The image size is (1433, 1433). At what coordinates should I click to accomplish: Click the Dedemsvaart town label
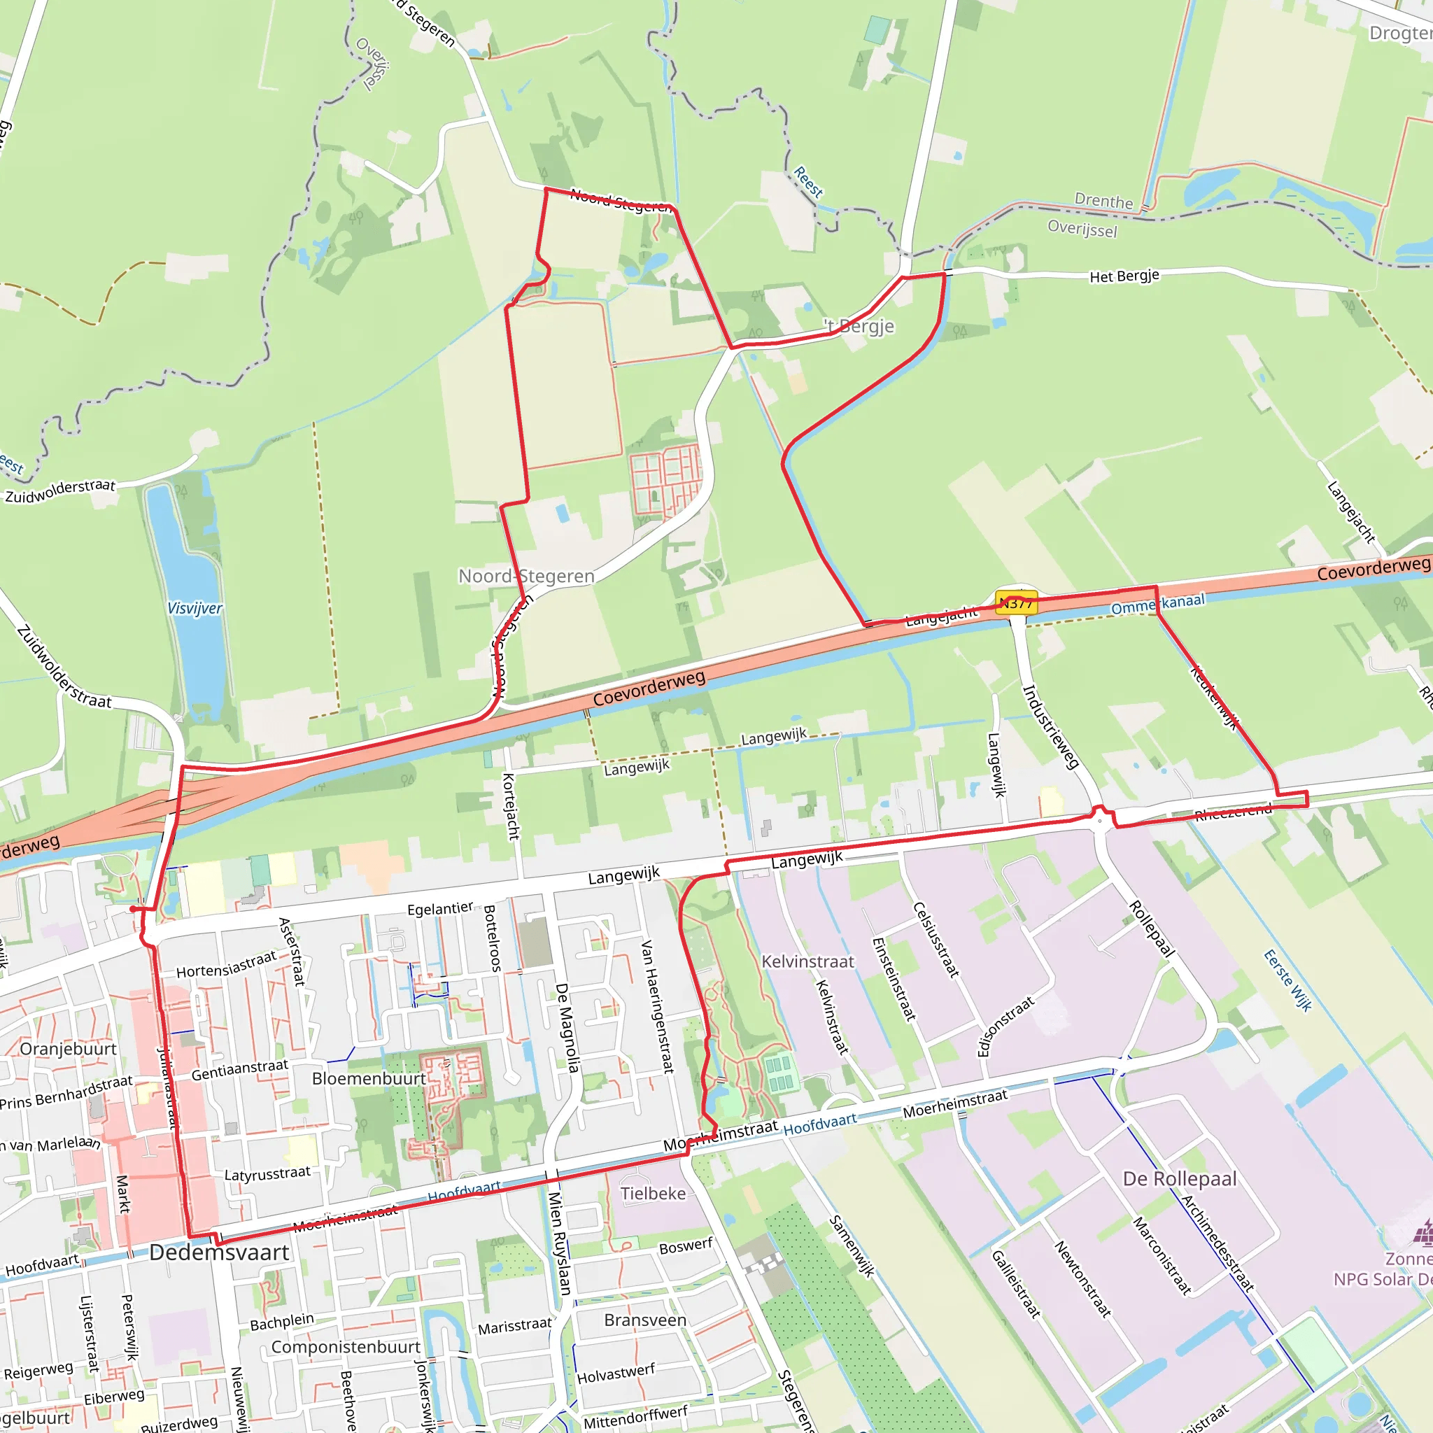click(x=219, y=1252)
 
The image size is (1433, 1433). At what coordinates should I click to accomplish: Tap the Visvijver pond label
click(x=195, y=608)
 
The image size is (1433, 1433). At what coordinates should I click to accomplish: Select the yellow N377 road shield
click(x=1016, y=603)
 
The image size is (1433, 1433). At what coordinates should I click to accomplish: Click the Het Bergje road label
click(x=1124, y=276)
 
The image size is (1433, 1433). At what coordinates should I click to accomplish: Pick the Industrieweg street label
click(x=1050, y=727)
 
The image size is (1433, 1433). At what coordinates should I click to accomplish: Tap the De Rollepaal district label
click(x=1179, y=1179)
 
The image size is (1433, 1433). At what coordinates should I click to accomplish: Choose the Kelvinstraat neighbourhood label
click(x=807, y=961)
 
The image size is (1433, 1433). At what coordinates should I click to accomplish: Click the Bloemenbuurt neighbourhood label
click(x=369, y=1078)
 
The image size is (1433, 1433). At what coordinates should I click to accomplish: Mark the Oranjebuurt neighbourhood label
click(x=69, y=1049)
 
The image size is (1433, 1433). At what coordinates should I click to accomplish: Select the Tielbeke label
click(x=653, y=1194)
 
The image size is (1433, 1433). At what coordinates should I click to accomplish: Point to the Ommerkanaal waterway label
click(x=1157, y=604)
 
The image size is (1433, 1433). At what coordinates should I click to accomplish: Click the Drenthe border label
click(x=1103, y=201)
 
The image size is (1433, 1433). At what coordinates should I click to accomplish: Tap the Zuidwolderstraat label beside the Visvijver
click(x=60, y=491)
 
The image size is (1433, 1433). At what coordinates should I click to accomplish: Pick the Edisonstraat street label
click(x=1005, y=1026)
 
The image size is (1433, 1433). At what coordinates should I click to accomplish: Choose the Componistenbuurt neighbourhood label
click(x=346, y=1347)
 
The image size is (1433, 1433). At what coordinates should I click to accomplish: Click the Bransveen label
click(x=645, y=1320)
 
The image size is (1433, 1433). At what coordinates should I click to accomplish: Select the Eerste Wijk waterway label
click(x=1287, y=980)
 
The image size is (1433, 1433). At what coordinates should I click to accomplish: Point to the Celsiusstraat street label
click(x=936, y=939)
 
